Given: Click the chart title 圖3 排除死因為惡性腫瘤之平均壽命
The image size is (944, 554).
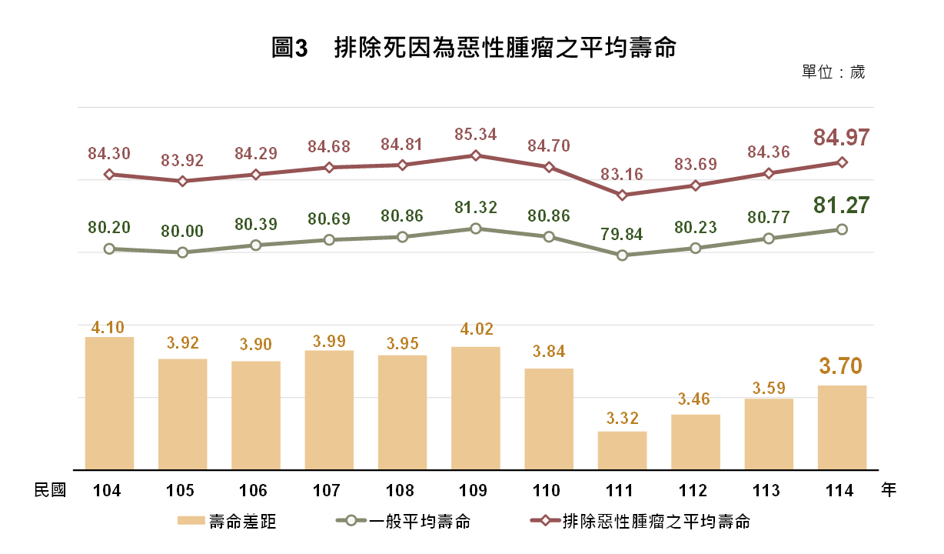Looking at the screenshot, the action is [474, 47].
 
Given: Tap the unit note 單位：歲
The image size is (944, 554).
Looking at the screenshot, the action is [833, 72].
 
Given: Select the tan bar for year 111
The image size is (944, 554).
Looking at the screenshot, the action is [622, 451].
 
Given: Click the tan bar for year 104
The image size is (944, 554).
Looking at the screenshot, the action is [110, 403].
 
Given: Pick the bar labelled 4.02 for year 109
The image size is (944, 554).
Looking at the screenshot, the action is [476, 409].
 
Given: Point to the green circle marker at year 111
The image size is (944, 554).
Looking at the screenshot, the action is [622, 255].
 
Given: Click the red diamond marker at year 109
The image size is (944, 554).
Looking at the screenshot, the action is [476, 155].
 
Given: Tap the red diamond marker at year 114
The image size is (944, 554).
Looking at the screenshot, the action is [842, 162].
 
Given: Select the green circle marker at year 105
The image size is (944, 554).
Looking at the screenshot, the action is [182, 252].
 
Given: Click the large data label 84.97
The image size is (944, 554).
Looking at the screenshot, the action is [841, 138].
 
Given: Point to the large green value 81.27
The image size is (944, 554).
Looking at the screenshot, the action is [841, 205].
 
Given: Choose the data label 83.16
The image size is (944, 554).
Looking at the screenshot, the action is [622, 174].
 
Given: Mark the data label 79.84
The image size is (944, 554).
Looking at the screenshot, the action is [622, 234].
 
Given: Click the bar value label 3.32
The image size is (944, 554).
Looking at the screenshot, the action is [623, 418].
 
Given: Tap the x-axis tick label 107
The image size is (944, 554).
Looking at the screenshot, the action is [326, 491].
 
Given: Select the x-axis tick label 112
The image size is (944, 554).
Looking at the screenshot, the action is [693, 491].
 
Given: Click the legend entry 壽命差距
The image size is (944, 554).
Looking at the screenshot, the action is [227, 522].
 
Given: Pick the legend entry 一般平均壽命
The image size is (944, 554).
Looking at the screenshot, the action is [404, 522].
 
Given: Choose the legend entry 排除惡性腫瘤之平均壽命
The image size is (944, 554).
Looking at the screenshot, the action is [640, 522].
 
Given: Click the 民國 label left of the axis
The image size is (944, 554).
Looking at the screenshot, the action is [50, 490].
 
